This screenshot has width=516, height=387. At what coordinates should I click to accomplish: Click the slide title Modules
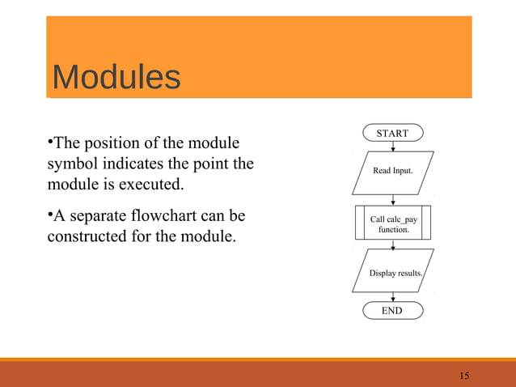(x=116, y=78)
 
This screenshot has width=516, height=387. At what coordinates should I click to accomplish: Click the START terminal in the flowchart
(x=393, y=133)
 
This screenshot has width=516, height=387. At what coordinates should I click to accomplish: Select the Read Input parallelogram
(x=393, y=172)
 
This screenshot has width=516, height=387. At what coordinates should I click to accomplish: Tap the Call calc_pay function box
(x=393, y=223)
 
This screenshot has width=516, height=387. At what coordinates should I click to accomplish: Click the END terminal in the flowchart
(x=392, y=311)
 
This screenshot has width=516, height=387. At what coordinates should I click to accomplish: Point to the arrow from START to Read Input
(x=393, y=147)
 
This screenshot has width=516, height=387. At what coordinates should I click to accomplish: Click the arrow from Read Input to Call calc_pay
(x=393, y=200)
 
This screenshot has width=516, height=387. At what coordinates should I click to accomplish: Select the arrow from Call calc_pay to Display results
(x=393, y=245)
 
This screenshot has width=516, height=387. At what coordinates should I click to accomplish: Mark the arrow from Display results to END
(x=393, y=297)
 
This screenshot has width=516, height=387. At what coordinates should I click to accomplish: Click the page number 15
(x=464, y=376)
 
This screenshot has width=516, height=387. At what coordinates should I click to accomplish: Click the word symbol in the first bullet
(x=70, y=165)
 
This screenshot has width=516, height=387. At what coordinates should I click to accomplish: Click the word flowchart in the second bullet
(x=175, y=217)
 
